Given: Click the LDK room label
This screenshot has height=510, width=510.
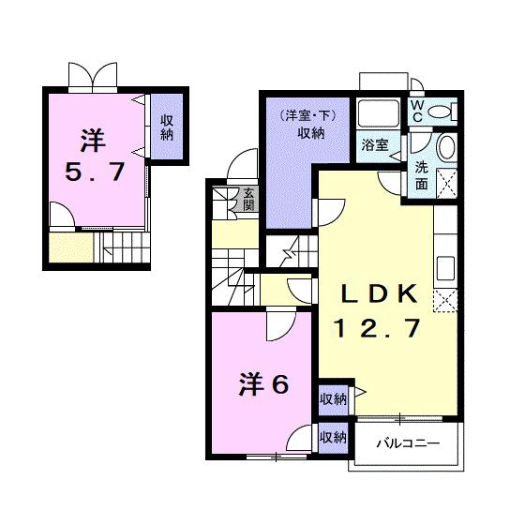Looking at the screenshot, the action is [380, 293].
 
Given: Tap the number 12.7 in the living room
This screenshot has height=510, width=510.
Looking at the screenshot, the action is [377, 327].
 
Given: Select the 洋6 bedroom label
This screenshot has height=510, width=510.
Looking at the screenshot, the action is [263, 384].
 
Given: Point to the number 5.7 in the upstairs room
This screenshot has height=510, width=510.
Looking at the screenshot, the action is [95, 172].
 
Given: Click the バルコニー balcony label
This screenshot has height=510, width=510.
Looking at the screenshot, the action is [408, 443].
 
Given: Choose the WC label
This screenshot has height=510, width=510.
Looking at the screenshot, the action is [417, 111].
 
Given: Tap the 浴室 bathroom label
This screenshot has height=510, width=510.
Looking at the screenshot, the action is [375, 144].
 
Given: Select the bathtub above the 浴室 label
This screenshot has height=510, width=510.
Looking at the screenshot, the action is [378, 112].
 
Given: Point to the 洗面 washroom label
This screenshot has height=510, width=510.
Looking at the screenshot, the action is [422, 175].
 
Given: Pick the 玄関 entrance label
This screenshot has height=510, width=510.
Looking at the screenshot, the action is [249, 199].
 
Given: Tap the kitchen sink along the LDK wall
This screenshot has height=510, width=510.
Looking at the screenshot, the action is [445, 268].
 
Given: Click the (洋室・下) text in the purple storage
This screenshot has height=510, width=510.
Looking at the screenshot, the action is [308, 116].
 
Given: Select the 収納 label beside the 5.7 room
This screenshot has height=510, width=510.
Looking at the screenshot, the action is [167, 127].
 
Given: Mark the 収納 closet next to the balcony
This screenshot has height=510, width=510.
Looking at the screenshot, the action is [333, 438].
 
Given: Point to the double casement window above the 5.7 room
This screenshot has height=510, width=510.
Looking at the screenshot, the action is [93, 78].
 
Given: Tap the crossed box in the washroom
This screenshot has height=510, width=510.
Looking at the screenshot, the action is [446, 183].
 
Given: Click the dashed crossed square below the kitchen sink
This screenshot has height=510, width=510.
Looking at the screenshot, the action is [445, 301].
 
